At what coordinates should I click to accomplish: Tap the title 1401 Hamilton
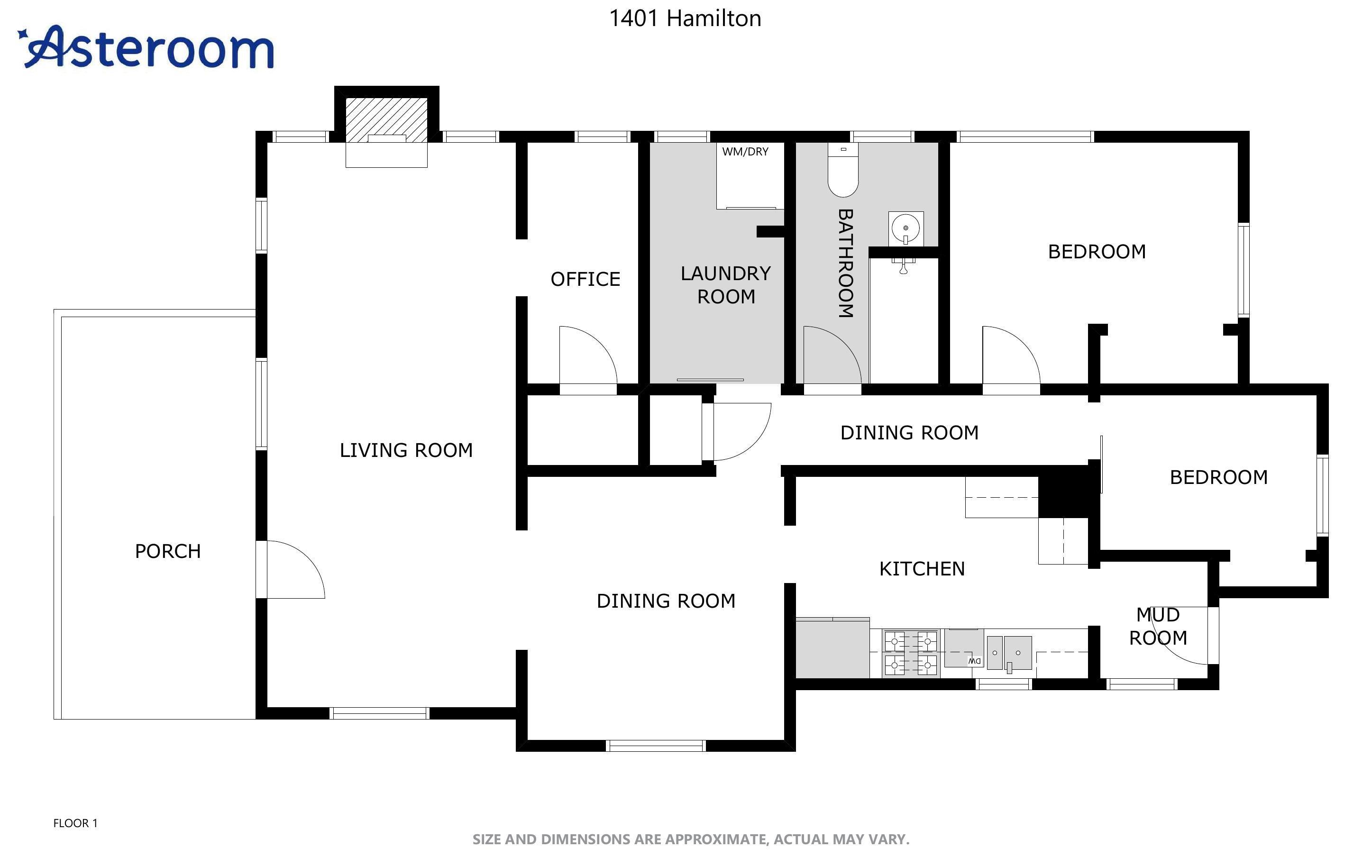685,18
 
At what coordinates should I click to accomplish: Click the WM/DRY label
745,151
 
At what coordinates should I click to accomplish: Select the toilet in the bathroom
843,169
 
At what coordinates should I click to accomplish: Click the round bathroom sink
906,228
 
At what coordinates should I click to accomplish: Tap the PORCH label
168,551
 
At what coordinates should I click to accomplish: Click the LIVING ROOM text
406,450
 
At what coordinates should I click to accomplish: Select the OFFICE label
585,279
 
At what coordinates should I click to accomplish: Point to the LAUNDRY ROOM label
726,284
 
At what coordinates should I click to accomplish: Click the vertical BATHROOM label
845,263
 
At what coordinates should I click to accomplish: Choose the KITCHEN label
922,568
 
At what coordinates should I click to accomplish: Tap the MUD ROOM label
1158,626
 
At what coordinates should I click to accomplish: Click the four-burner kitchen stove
911,653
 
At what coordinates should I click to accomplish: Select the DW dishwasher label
975,661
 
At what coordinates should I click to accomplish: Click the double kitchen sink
1009,653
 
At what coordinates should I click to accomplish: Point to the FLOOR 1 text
75,823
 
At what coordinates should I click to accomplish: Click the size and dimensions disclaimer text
691,839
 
